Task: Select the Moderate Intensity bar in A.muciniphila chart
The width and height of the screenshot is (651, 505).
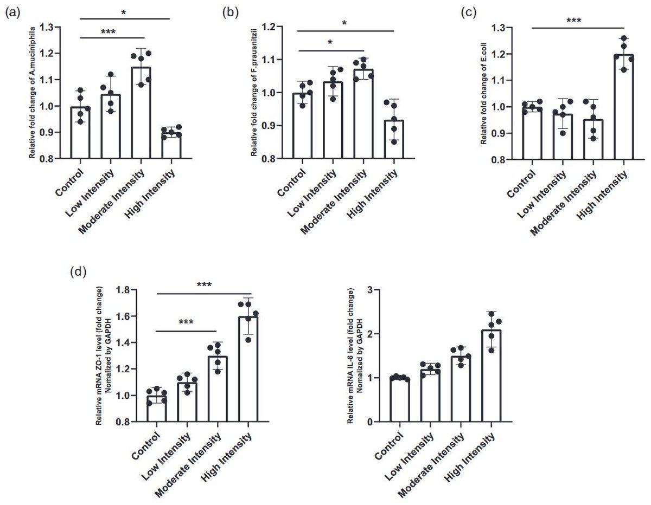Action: click(141, 113)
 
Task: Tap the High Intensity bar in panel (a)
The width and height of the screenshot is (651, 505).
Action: click(171, 146)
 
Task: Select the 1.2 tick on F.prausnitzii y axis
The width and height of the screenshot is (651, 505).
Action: click(277, 27)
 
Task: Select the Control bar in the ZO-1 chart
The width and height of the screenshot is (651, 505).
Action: click(157, 409)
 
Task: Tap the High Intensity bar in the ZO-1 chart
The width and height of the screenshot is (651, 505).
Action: click(248, 369)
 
